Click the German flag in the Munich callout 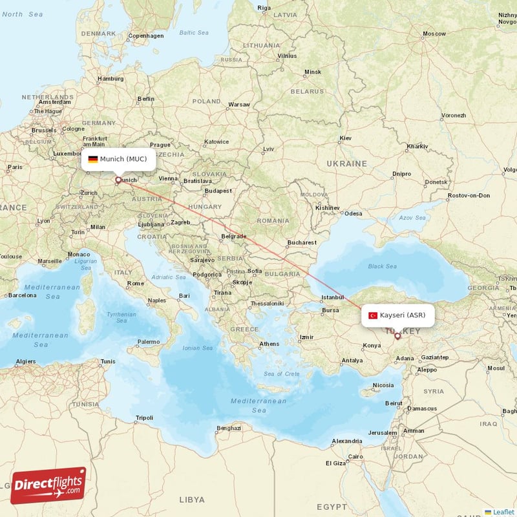tap(93, 159)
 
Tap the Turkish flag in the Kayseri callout tap(373, 315)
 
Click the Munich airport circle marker tap(118, 180)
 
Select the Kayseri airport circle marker tap(397, 336)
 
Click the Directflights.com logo tap(48, 485)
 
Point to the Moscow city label tap(434, 34)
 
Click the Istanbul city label tap(333, 297)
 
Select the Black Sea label tap(382, 266)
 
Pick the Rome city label tap(136, 283)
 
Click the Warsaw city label tap(239, 104)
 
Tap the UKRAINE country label tap(346, 164)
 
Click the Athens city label tap(269, 344)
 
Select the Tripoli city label tap(145, 418)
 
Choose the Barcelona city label tap(22, 295)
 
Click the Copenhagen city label tap(147, 36)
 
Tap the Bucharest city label tap(302, 242)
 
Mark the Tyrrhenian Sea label tap(121, 317)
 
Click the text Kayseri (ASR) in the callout tap(403, 315)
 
